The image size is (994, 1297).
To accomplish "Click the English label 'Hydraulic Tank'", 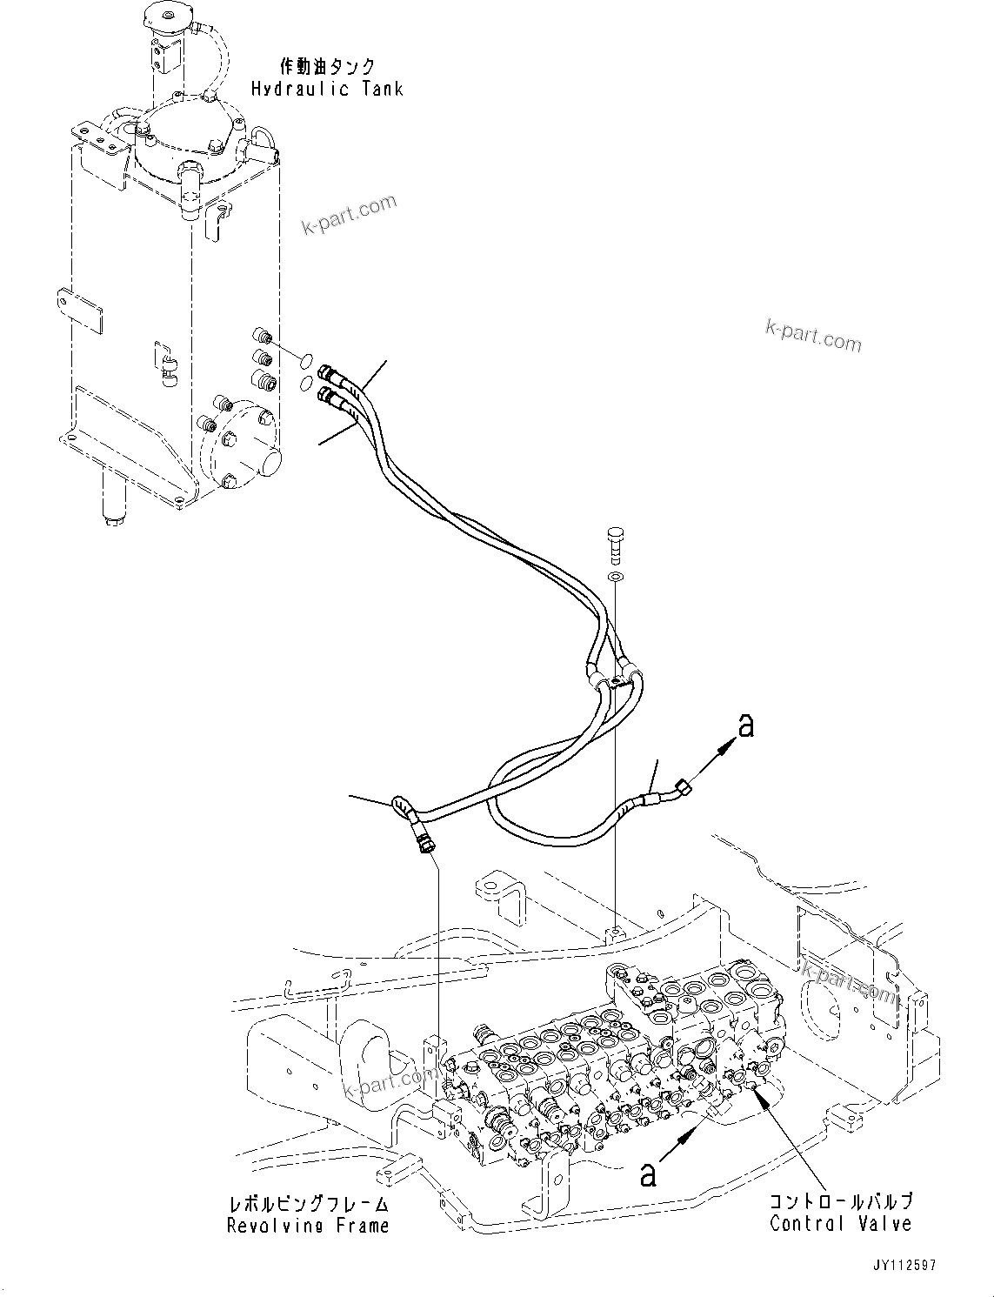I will tap(327, 89).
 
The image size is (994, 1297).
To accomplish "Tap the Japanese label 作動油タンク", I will tap(327, 66).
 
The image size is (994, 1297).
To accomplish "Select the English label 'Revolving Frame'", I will tap(308, 1226).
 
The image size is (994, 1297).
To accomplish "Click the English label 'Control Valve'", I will tap(840, 1223).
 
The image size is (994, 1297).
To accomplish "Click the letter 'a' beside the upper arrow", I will tap(744, 725).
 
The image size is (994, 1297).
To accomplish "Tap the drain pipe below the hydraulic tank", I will tap(115, 499).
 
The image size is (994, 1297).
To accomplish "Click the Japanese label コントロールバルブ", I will tap(840, 1201).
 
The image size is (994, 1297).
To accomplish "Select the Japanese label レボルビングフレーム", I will tap(308, 1204).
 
